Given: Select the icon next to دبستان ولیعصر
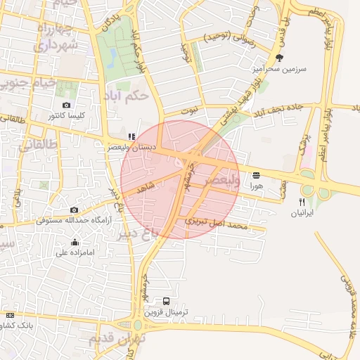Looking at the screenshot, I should pyautogui.click(x=131, y=136).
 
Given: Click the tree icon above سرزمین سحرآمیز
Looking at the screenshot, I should pyautogui.click(x=280, y=58).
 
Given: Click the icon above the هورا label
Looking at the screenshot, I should pyautogui.click(x=255, y=174).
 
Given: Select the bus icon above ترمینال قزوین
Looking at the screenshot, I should pyautogui.click(x=166, y=300).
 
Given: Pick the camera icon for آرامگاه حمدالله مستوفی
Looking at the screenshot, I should pyautogui.click(x=74, y=210).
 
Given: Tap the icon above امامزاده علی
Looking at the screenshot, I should pyautogui.click(x=75, y=243).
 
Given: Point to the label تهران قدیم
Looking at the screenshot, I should pyautogui.click(x=117, y=338).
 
